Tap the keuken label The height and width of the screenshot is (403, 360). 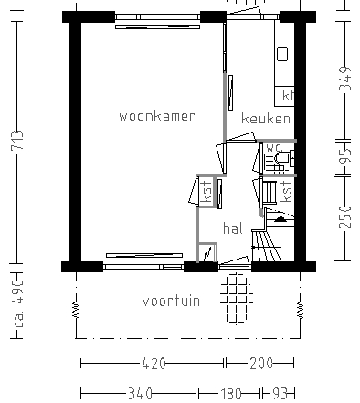[x=266, y=119]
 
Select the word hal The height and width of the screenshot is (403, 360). [x=232, y=229]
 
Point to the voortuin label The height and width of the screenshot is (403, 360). [x=171, y=301]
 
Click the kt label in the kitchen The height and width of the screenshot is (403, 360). [x=288, y=95]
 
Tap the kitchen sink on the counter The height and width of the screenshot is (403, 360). [x=282, y=54]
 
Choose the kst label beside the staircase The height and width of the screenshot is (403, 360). [x=287, y=192]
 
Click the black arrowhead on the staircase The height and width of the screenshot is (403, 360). [x=281, y=218]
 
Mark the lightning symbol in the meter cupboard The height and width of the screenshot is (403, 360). [x=207, y=251]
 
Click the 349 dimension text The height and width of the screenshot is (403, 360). [x=344, y=81]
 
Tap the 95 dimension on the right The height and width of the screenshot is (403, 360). [x=344, y=159]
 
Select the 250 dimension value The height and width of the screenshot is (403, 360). [x=344, y=218]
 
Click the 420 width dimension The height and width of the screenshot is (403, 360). [x=153, y=364]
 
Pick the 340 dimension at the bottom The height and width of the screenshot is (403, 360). [x=140, y=394]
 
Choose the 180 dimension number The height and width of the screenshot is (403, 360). [x=230, y=394]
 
